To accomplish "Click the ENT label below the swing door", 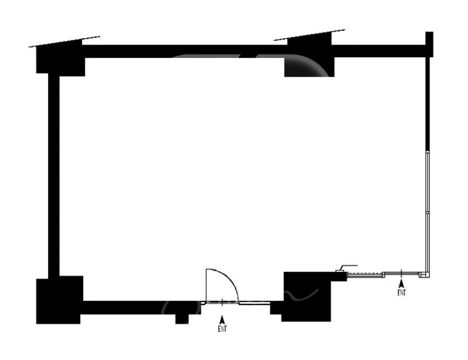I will click(x=222, y=329).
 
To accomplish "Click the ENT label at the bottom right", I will click(x=401, y=292).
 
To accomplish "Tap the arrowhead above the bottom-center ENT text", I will click(x=222, y=320).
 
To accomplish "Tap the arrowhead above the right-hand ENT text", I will click(x=401, y=283).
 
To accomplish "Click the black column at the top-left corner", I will click(x=60, y=59).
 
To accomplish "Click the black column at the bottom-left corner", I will click(x=59, y=300).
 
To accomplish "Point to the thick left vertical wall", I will click(x=53, y=175).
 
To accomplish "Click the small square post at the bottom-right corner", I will click(x=425, y=274).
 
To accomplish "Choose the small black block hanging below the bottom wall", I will click(x=182, y=319).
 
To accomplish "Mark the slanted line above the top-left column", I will click(x=64, y=41).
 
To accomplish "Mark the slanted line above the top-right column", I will click(x=309, y=34).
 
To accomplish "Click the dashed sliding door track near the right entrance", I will click(x=365, y=274).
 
